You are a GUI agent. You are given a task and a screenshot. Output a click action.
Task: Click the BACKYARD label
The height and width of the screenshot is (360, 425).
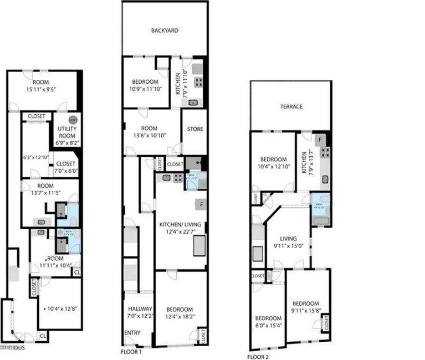coord(165,31)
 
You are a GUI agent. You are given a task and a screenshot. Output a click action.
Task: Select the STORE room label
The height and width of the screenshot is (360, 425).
coord(194,129)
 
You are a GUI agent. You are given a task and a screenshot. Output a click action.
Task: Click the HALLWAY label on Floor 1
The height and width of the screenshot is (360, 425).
coord(136,309)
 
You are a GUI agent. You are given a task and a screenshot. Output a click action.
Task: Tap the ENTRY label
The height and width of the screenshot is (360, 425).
coord(132,332)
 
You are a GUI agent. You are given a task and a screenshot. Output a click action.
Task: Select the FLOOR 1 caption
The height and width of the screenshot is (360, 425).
coord(131,352)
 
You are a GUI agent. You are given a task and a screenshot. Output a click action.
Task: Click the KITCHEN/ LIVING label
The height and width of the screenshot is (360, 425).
coord(180,224)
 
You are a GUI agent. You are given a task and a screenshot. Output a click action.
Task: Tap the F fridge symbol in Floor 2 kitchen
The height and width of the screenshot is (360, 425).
coord(320,138)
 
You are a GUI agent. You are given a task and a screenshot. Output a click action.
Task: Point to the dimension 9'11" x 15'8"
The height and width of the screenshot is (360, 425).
coord(306,311)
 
